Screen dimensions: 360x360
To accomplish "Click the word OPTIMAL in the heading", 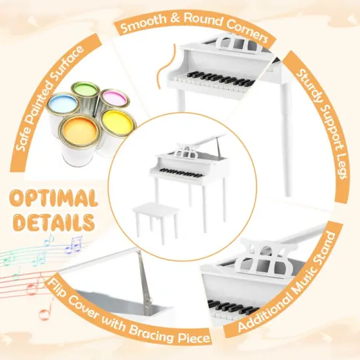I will click(55, 198).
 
